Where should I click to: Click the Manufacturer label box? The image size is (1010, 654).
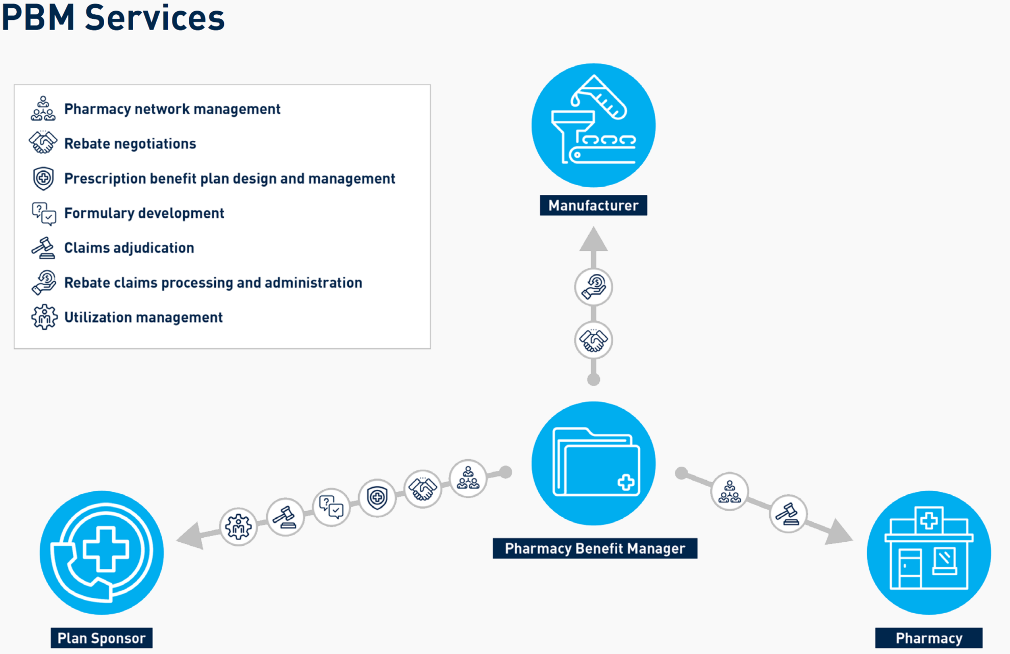pyautogui.click(x=593, y=206)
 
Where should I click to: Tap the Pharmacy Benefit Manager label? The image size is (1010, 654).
pyautogui.click(x=595, y=548)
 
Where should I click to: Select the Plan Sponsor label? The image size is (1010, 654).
pyautogui.click(x=102, y=638)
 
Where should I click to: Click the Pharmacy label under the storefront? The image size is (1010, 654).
pyautogui.click(x=929, y=638)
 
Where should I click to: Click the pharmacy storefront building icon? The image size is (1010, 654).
pyautogui.click(x=929, y=549)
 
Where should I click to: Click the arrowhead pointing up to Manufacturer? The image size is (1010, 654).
pyautogui.click(x=593, y=240)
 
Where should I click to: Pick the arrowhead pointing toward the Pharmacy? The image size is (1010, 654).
pyautogui.click(x=838, y=532)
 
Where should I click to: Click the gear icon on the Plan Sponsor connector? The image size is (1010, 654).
pyautogui.click(x=238, y=526)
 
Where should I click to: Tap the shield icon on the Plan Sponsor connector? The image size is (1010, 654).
pyautogui.click(x=377, y=497)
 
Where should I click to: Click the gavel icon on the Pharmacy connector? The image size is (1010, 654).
pyautogui.click(x=788, y=514)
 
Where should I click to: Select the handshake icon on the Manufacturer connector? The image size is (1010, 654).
pyautogui.click(x=593, y=340)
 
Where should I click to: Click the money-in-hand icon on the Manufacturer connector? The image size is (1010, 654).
pyautogui.click(x=593, y=287)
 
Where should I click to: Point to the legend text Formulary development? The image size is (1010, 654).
pyautogui.click(x=144, y=213)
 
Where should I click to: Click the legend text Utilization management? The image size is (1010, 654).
pyautogui.click(x=143, y=317)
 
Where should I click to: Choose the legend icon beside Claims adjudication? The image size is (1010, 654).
pyautogui.click(x=43, y=248)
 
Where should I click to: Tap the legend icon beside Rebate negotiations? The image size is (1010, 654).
pyautogui.click(x=43, y=143)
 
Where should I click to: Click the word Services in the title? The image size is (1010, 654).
pyautogui.click(x=155, y=18)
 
